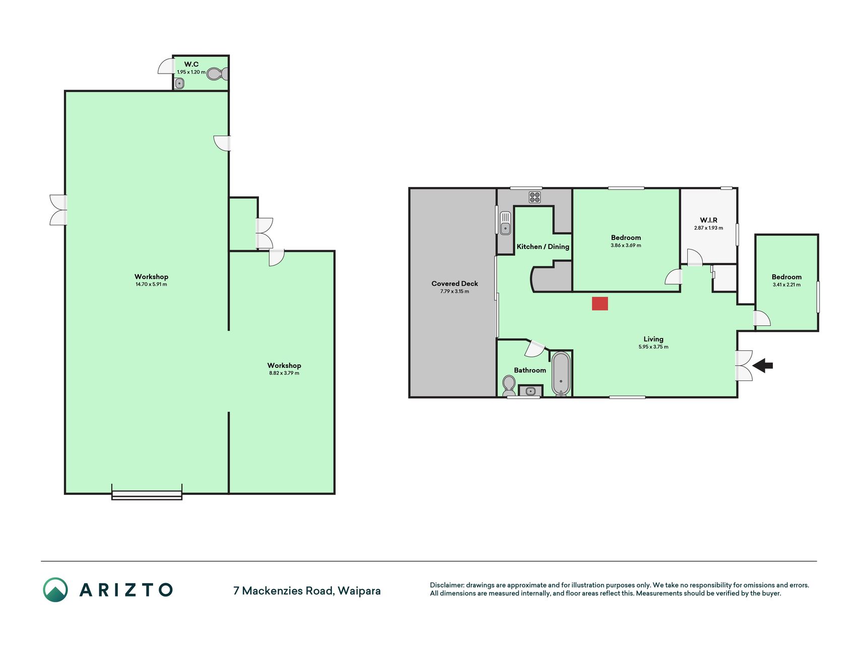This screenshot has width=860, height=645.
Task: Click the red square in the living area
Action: click(600, 303)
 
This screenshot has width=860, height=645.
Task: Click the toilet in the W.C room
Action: click(216, 74)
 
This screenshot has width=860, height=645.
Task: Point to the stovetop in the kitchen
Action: click(535, 197)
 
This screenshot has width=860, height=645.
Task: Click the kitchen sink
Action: click(505, 223)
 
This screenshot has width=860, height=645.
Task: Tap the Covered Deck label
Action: click(454, 284)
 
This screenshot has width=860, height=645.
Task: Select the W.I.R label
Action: click(708, 220)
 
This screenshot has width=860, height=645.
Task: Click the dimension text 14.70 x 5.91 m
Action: click(151, 284)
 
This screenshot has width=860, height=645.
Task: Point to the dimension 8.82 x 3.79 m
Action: click(284, 373)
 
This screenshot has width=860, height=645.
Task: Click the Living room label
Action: click(653, 339)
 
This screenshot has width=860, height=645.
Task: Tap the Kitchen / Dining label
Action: click(543, 246)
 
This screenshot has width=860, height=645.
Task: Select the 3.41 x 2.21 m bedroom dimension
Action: click(786, 285)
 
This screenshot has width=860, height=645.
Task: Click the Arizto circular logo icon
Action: click(55, 590)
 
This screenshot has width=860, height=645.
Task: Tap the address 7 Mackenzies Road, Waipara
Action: click(307, 591)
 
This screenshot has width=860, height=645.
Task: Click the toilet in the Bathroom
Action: click(509, 386)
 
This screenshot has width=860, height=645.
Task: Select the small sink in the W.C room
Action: click(180, 83)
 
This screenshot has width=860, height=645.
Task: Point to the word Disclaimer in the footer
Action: click(446, 585)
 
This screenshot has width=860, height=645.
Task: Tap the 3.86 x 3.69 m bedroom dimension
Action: click(626, 245)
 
